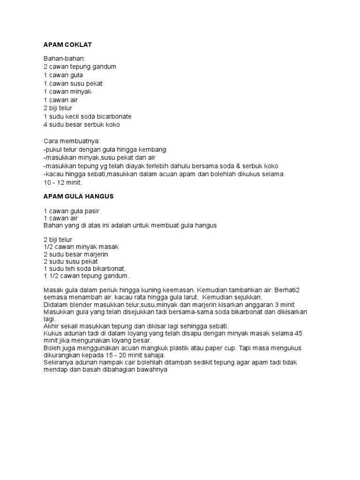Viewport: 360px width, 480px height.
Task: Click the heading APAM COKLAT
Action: tap(67, 45)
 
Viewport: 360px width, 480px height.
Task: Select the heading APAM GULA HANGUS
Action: tap(78, 196)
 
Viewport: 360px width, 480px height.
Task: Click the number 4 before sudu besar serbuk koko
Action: tap(45, 125)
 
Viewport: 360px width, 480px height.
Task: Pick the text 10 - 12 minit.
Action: tap(62, 183)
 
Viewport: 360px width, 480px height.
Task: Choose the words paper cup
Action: tap(217, 348)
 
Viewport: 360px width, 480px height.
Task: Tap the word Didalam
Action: tap(56, 304)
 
